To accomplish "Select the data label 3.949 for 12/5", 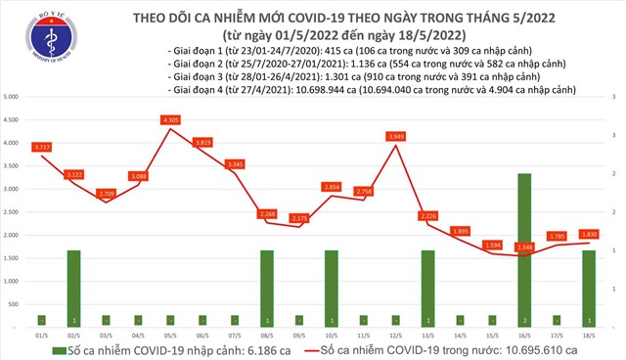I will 396,136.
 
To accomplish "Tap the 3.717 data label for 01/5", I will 41,147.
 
